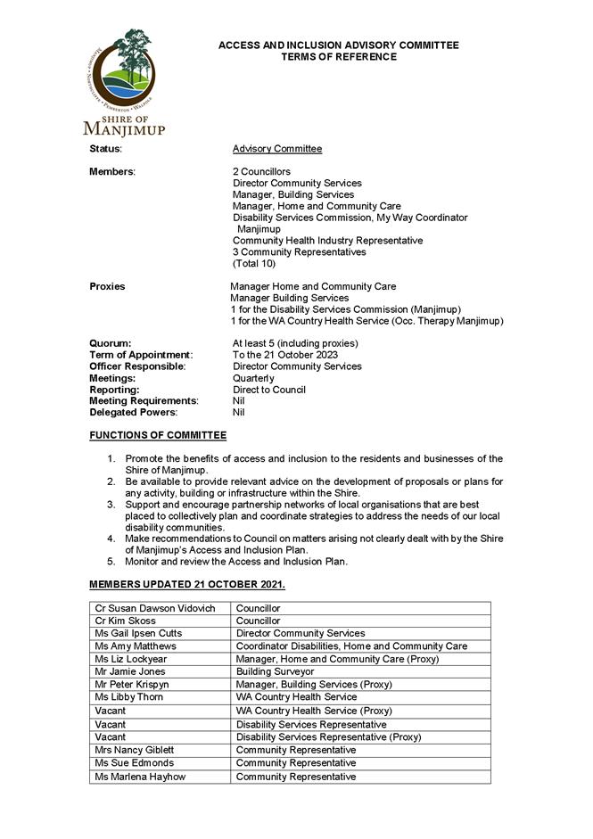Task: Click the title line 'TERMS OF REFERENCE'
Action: coord(338,57)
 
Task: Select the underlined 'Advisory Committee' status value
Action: coord(277,149)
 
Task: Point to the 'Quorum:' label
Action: coord(111,343)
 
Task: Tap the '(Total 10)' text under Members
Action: coord(254,264)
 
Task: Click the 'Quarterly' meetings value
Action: coord(253,378)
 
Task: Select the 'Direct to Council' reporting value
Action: coord(268,390)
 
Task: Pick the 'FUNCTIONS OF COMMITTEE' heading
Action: coord(158,435)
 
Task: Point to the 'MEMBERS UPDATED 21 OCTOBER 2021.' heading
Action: coord(187,585)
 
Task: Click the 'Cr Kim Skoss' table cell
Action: coord(125,621)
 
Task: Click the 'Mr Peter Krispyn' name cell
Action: coord(131,685)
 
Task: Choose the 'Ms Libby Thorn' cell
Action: coord(128,697)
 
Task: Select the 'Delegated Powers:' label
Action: coord(133,413)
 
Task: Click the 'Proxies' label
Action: coord(107,287)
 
